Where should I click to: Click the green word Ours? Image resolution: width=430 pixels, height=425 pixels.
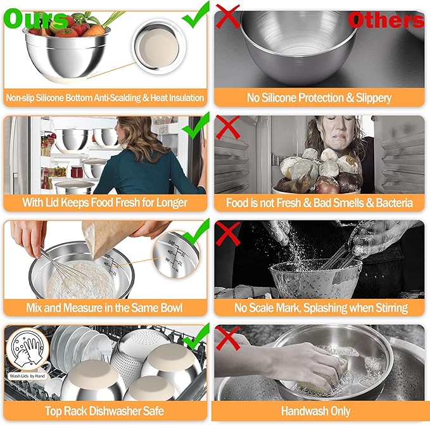click(35, 19)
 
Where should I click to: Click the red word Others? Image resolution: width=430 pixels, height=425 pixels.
click(386, 20)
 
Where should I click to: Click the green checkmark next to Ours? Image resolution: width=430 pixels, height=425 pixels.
click(196, 14)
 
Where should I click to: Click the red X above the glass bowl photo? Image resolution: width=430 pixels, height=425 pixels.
click(228, 232)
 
